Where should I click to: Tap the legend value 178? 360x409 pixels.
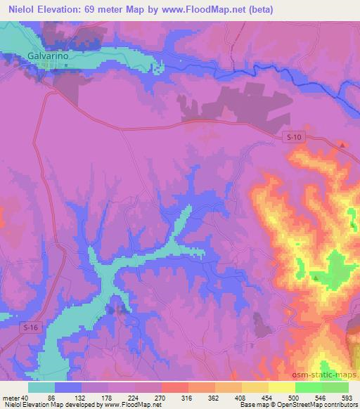point(124,397)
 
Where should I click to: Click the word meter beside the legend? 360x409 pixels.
point(11,397)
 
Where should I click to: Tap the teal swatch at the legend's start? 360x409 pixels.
point(41,387)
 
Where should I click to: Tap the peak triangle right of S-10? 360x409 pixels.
point(342,145)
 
